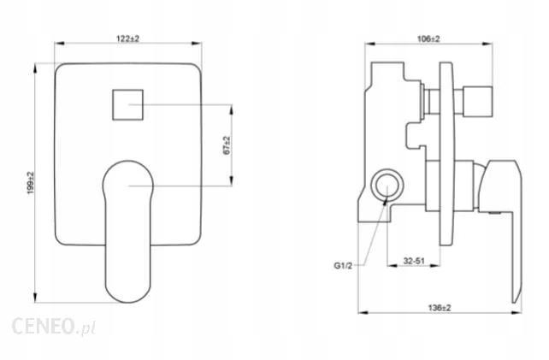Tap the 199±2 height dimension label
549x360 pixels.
click(30, 180)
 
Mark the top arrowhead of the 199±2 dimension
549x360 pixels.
click(38, 64)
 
